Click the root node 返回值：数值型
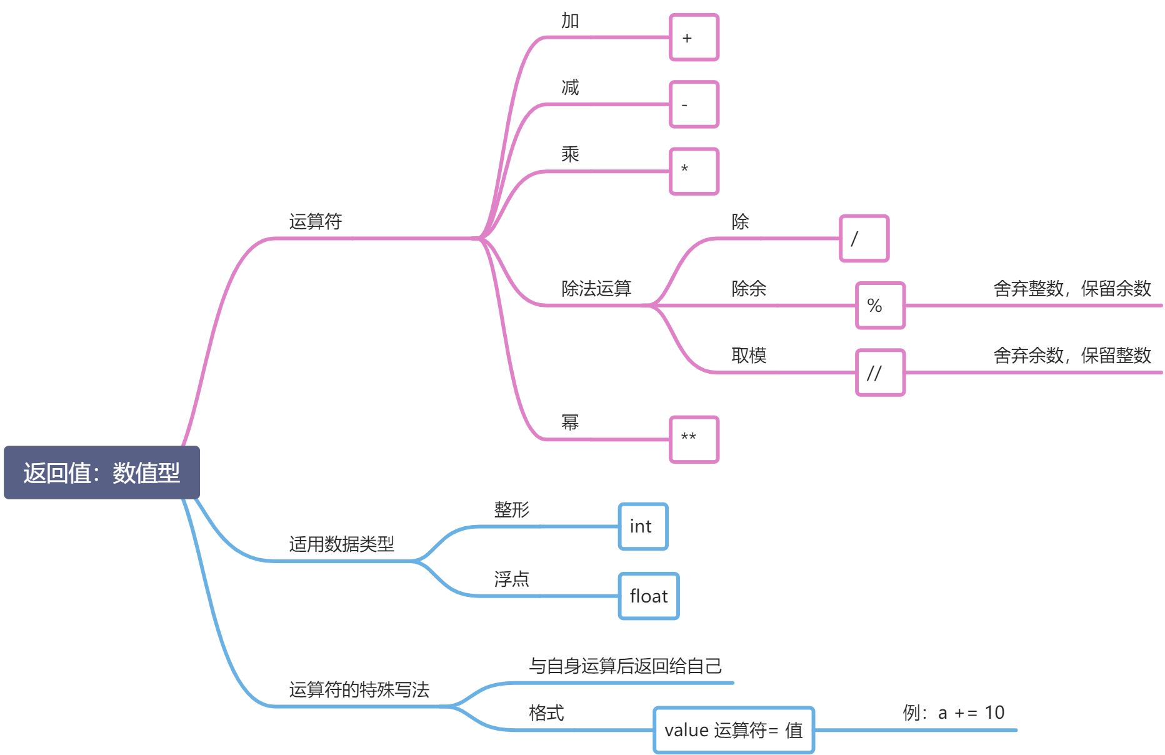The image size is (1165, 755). click(x=101, y=472)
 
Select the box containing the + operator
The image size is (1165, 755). click(x=694, y=37)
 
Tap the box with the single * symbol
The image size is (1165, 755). click(x=694, y=171)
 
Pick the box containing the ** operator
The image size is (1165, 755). click(x=694, y=439)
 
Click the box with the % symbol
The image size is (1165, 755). click(x=880, y=306)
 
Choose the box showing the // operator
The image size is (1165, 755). click(x=880, y=372)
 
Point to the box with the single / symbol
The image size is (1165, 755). click(x=864, y=238)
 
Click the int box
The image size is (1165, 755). click(x=643, y=526)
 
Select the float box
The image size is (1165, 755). click(x=649, y=596)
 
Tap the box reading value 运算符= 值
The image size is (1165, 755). click(x=734, y=730)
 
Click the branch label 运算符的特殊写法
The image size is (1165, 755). click(x=359, y=690)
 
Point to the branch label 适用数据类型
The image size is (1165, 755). click(x=341, y=544)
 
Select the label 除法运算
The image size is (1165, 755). click(x=596, y=289)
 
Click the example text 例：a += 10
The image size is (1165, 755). click(x=953, y=712)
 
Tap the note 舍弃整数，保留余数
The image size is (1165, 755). click(x=1072, y=289)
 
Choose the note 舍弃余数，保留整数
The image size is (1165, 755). click(x=1072, y=356)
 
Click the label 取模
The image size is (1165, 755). click(x=749, y=356)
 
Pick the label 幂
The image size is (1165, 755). click(x=570, y=422)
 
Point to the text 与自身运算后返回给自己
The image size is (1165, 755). click(x=625, y=666)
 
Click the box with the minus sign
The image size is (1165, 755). click(x=694, y=104)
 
